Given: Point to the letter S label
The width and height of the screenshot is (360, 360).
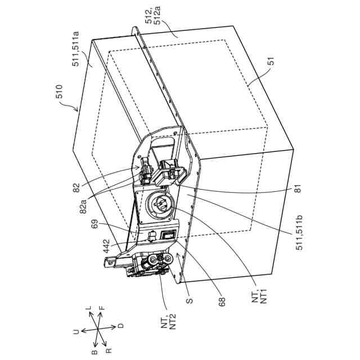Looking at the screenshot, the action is [x=190, y=301].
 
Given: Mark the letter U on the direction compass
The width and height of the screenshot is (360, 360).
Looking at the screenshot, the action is [x=76, y=332].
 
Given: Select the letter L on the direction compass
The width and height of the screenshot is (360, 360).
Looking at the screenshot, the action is [x=88, y=309].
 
